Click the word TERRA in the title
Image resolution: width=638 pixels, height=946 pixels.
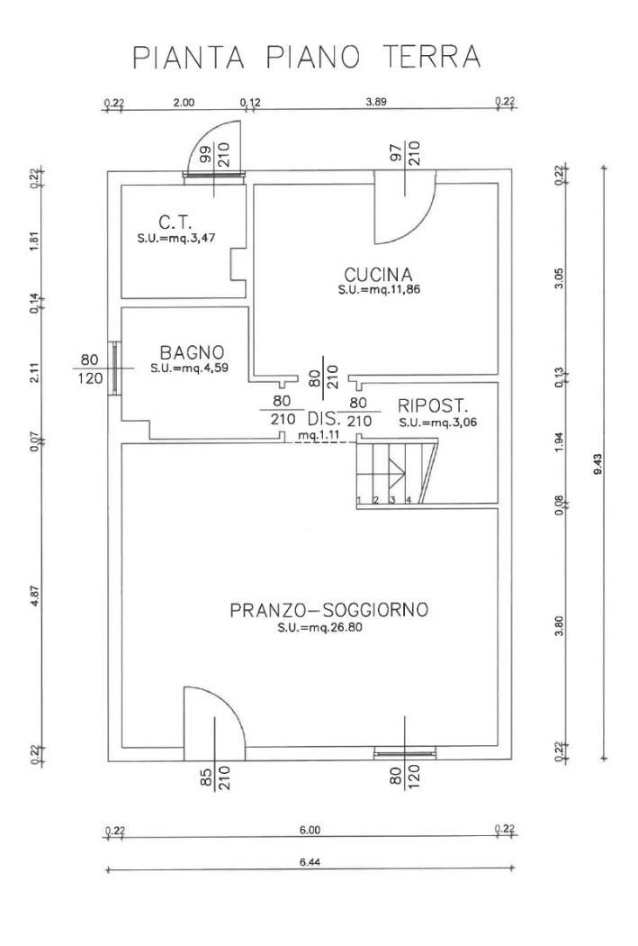431,57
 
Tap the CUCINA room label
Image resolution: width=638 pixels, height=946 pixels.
378,275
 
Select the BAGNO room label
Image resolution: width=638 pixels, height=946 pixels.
193,352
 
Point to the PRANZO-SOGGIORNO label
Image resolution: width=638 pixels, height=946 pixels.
329,610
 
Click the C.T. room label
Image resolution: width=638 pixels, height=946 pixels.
175,223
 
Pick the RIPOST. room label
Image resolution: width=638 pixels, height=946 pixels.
433,405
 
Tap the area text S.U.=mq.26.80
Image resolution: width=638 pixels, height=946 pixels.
320,627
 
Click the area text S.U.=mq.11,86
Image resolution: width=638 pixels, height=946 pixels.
379,289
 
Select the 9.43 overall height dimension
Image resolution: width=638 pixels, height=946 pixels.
598,464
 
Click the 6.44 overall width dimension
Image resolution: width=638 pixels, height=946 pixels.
310,862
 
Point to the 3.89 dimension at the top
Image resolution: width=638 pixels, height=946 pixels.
376,102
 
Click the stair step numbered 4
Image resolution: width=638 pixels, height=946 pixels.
409,499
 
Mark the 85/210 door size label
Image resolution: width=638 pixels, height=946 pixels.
215,778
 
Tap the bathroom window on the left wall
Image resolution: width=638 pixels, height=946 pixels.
114,368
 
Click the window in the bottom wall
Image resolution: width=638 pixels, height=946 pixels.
404,752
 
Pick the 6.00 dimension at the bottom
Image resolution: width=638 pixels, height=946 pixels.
310,830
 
